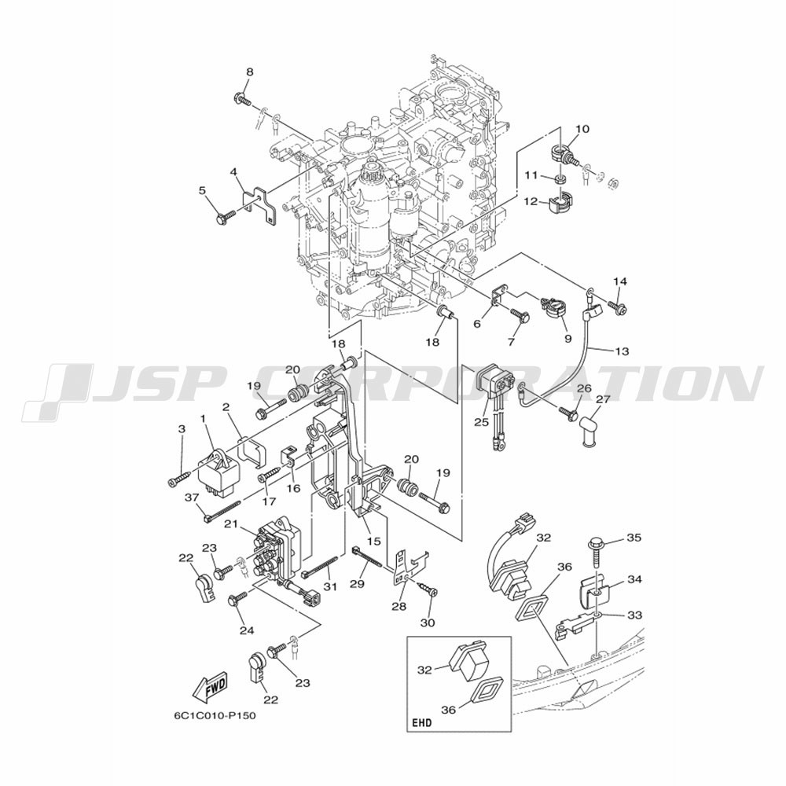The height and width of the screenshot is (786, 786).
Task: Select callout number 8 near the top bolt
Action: [x=250, y=72]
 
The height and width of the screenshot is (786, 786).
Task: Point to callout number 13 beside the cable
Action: [x=622, y=352]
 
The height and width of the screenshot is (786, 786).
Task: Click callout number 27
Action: [x=603, y=399]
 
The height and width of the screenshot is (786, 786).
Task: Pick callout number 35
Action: [x=634, y=538]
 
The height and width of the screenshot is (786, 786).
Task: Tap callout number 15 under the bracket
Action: [x=374, y=542]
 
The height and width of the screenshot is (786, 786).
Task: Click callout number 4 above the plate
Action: [x=233, y=172]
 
